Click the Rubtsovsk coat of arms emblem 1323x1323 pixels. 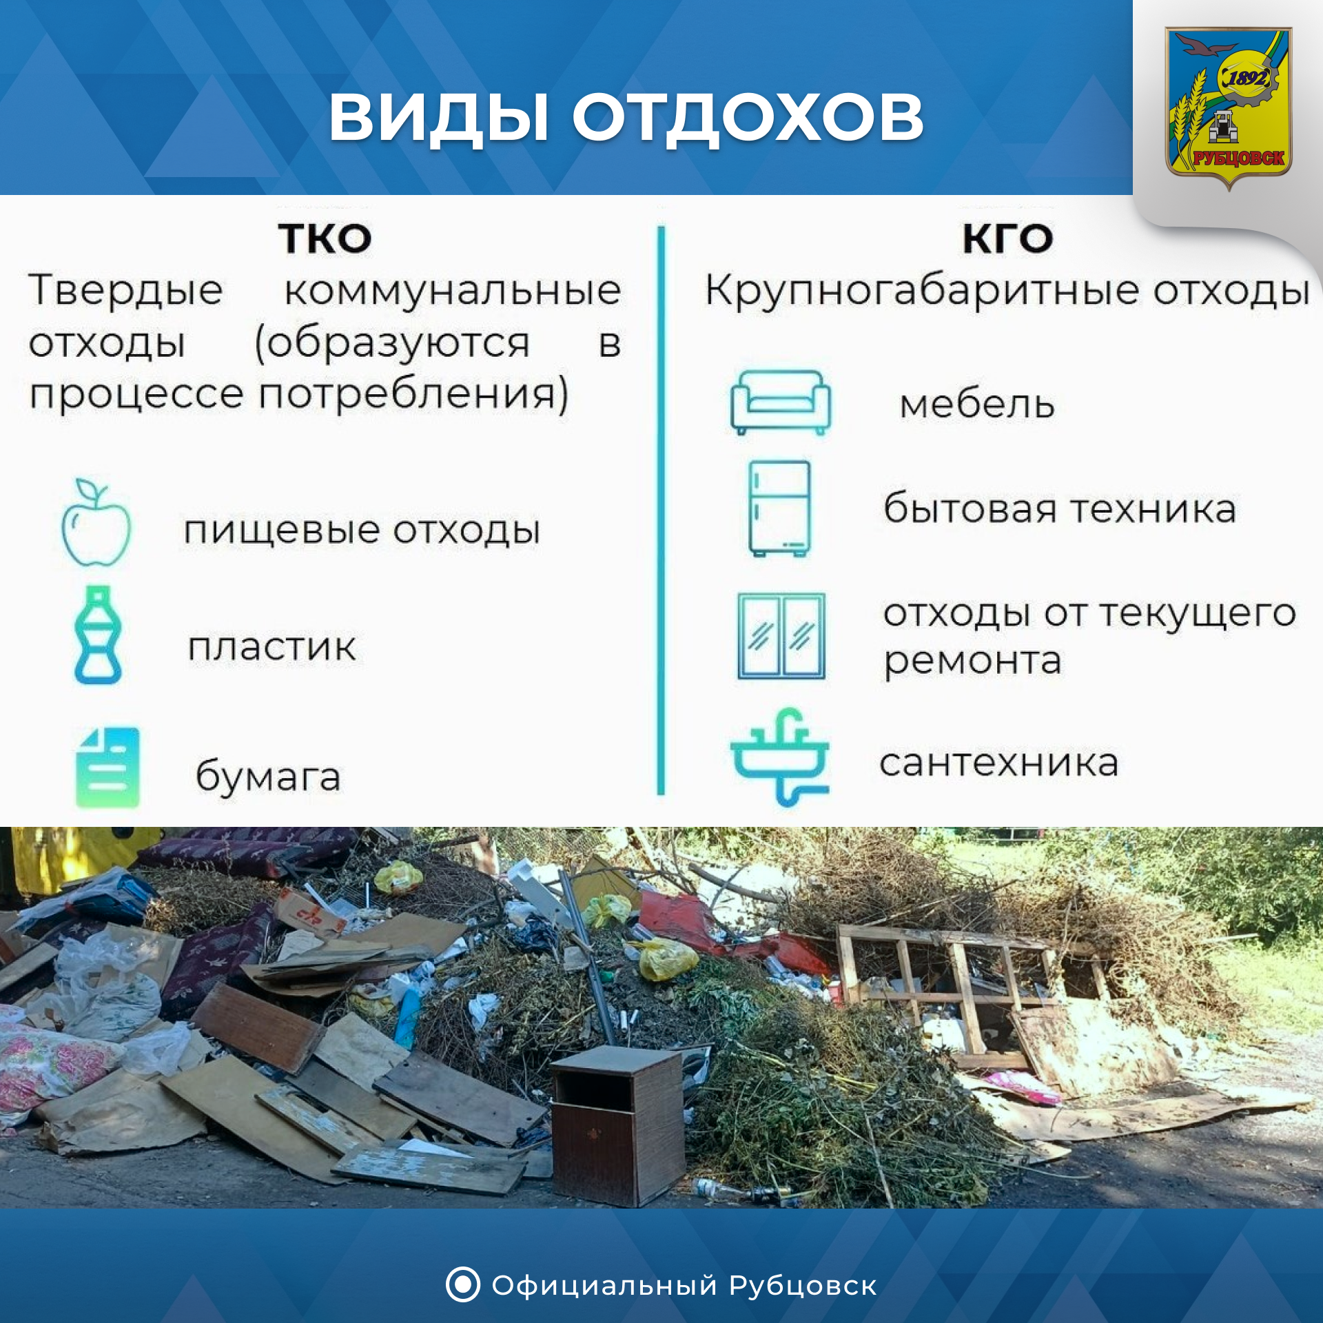(x=1228, y=107)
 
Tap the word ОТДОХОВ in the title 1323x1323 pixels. (x=748, y=118)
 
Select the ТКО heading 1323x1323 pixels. (x=325, y=239)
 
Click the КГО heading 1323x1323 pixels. (x=1008, y=239)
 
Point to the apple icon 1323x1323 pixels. (x=96, y=523)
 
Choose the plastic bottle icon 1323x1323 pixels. (x=97, y=635)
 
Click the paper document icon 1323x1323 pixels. (x=107, y=768)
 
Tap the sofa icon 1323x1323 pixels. (x=781, y=402)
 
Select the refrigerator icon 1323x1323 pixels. (x=779, y=509)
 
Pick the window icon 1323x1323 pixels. (x=781, y=636)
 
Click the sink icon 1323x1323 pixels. (x=780, y=757)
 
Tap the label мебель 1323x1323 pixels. (x=977, y=404)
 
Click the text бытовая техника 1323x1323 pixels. (x=1060, y=509)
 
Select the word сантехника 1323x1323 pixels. (x=998, y=763)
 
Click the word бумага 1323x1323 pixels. (x=268, y=776)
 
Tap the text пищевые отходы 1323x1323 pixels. (x=362, y=531)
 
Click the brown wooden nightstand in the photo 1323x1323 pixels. (x=617, y=1127)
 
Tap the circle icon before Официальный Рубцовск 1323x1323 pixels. (x=463, y=1284)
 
